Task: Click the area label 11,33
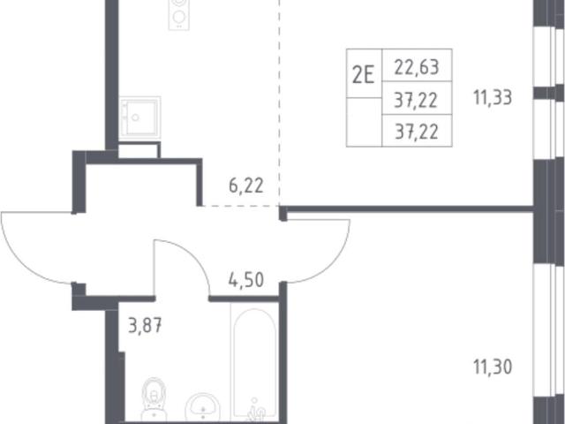click(x=493, y=97)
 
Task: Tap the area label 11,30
click(x=493, y=367)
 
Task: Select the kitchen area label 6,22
click(x=246, y=186)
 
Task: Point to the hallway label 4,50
click(x=246, y=280)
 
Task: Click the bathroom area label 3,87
click(x=145, y=327)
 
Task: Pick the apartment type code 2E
click(x=363, y=76)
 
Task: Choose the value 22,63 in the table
click(x=417, y=67)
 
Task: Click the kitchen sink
click(x=139, y=117)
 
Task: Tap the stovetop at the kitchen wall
click(x=179, y=14)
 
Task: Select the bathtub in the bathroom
click(x=254, y=363)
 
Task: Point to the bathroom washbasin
click(x=202, y=406)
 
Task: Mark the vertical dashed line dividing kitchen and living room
click(x=279, y=102)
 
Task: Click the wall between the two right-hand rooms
click(x=407, y=208)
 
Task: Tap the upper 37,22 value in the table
click(x=417, y=100)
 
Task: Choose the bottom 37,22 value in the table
click(x=417, y=132)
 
